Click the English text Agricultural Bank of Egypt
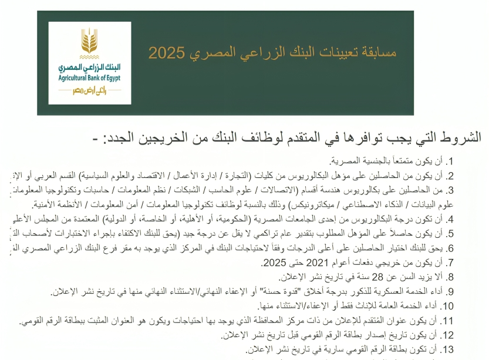point(90,77)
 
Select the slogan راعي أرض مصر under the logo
point(89,90)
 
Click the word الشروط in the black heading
point(461,138)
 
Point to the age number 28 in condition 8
point(374,277)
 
